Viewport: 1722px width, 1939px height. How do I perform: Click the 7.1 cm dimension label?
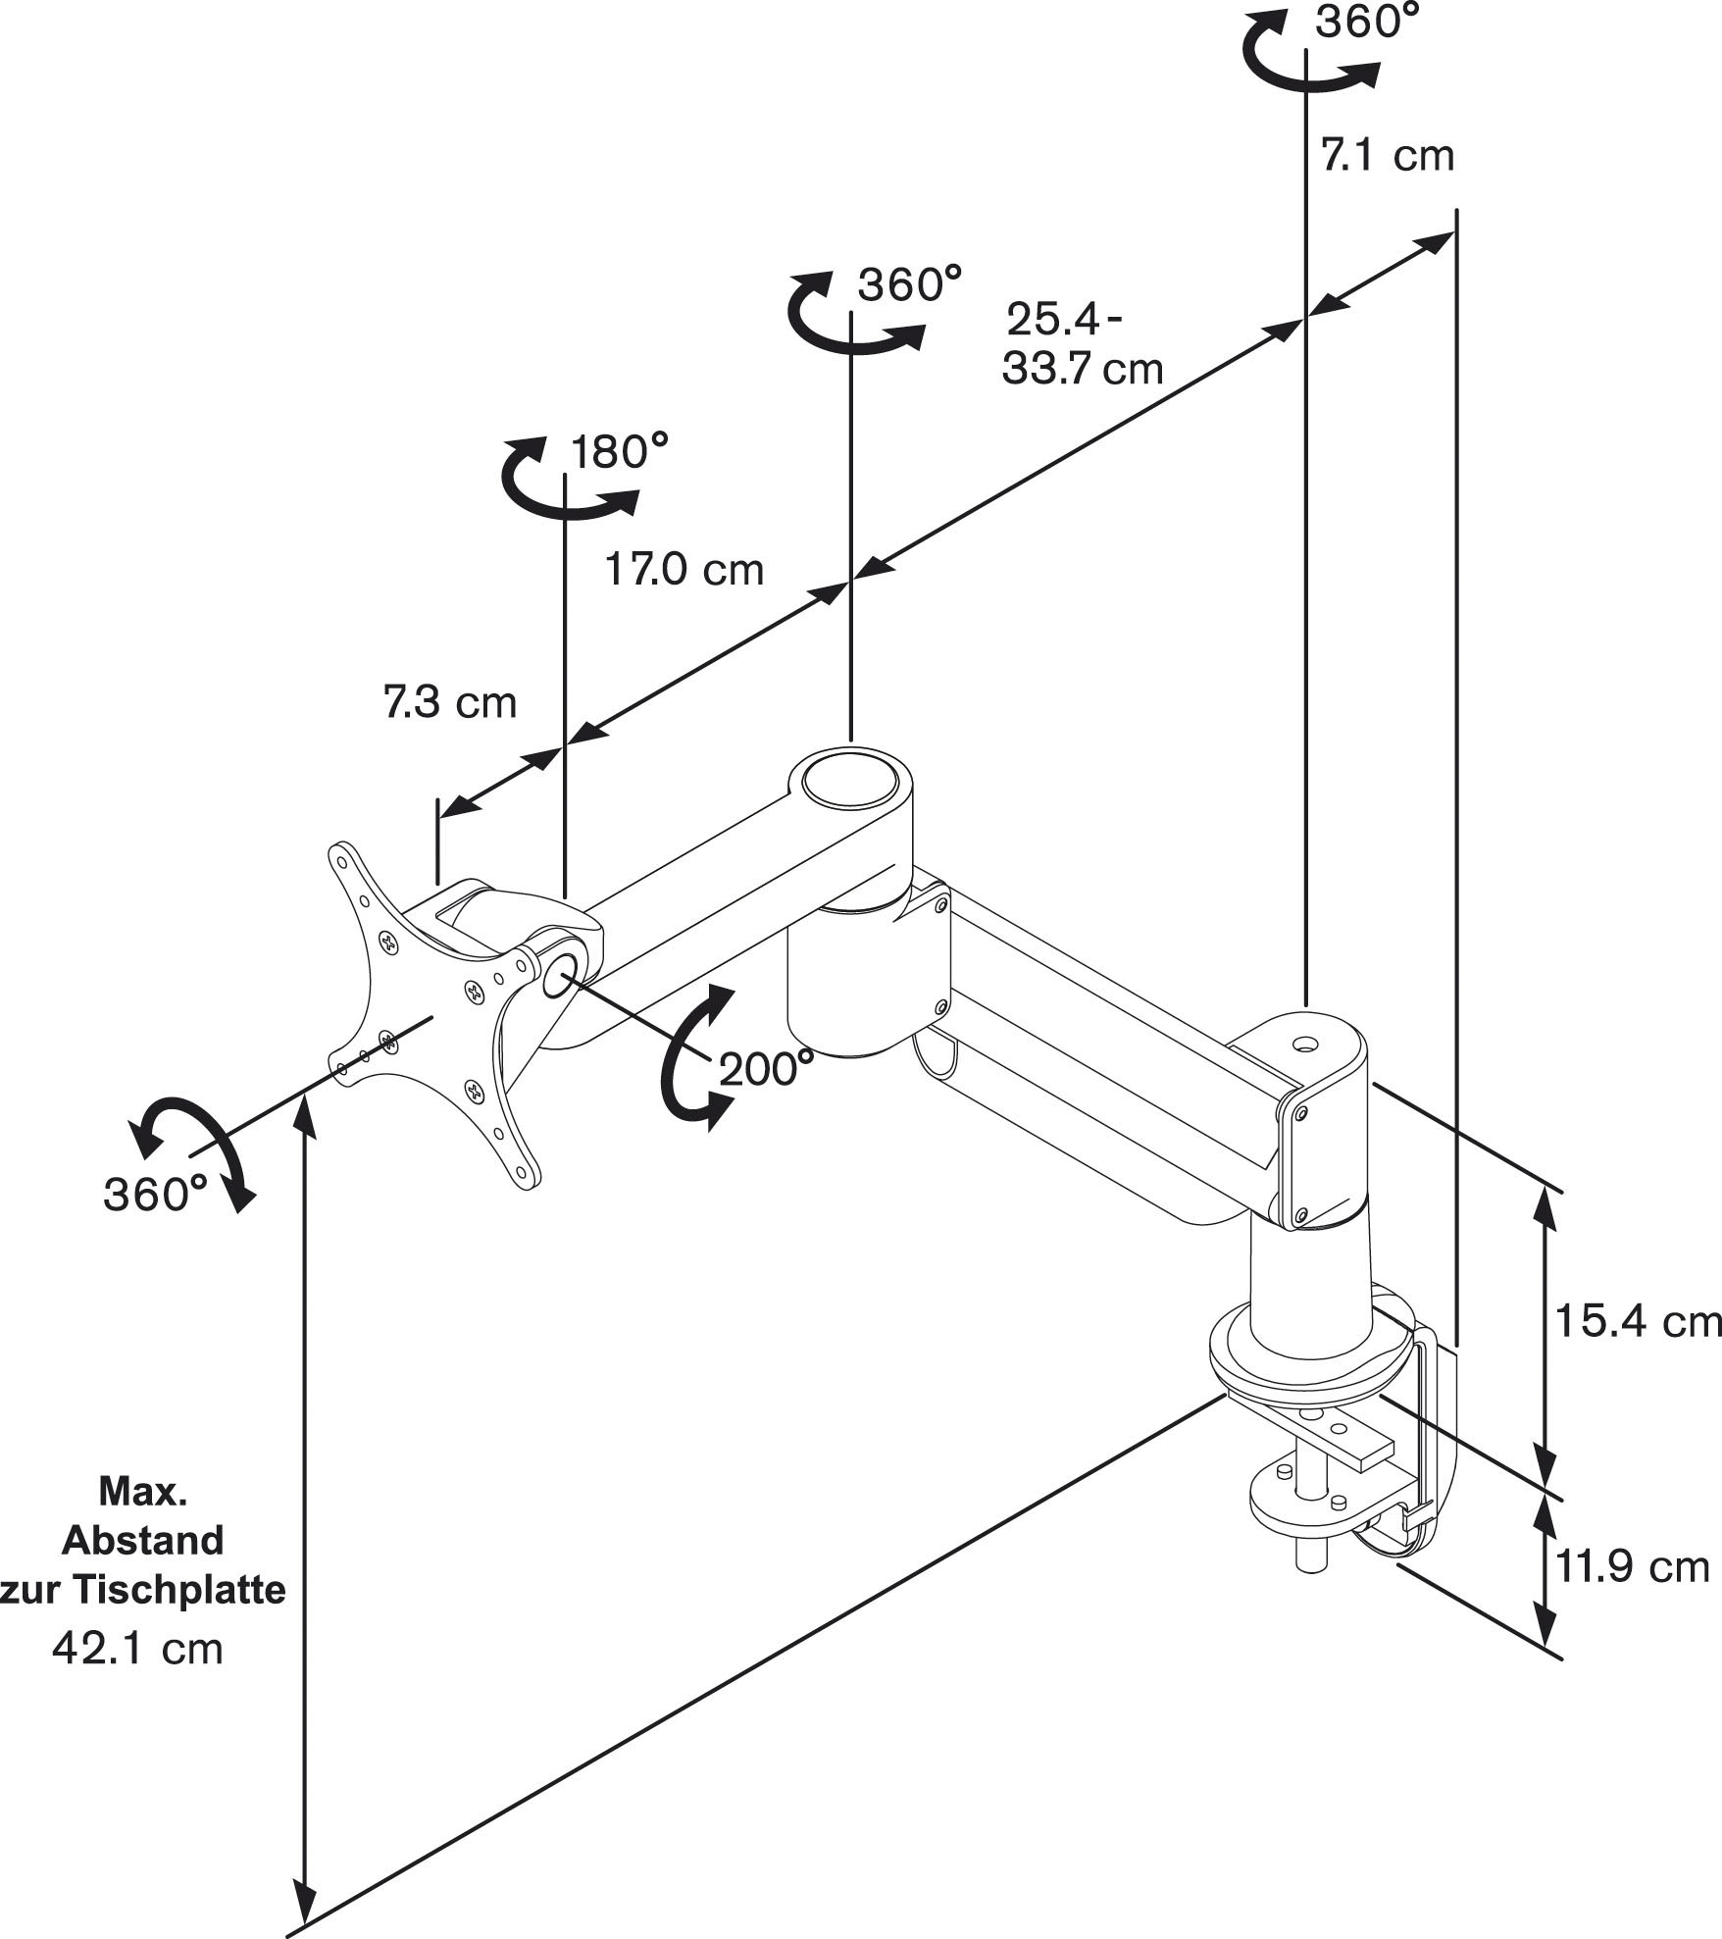(x=1387, y=156)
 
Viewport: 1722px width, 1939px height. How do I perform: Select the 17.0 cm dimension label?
(x=684, y=570)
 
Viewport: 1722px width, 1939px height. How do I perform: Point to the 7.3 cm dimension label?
(x=449, y=702)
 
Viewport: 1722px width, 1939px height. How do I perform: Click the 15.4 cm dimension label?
(x=1638, y=1321)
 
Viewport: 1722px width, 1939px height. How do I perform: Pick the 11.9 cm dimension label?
(x=1633, y=1566)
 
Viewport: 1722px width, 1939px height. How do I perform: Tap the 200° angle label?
(x=766, y=1068)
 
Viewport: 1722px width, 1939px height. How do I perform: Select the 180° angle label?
(x=619, y=452)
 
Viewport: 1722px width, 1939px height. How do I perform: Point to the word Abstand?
(x=143, y=1540)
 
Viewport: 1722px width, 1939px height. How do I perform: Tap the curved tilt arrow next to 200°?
(x=694, y=1059)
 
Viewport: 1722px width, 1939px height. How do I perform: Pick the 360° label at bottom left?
(x=155, y=1194)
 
